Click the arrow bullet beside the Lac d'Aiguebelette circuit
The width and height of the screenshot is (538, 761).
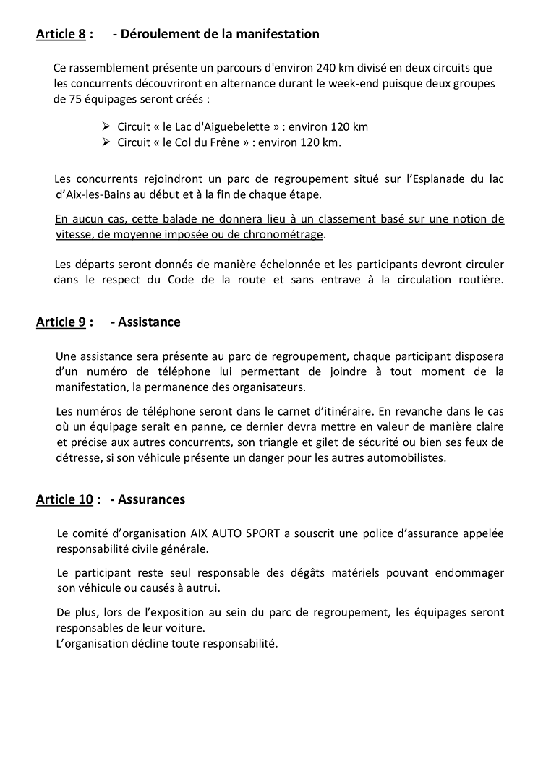click(107, 126)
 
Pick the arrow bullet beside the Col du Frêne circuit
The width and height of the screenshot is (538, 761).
click(107, 142)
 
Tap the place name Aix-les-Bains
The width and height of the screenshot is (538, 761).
click(98, 194)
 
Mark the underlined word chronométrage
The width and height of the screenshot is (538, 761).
click(286, 235)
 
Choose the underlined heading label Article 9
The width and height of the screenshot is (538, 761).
click(61, 322)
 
